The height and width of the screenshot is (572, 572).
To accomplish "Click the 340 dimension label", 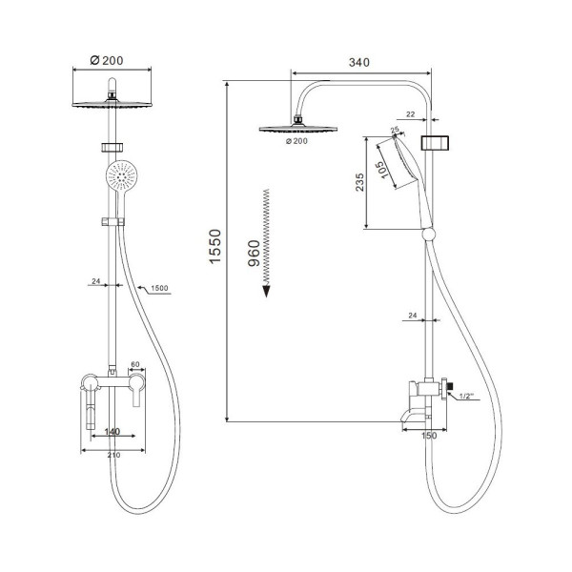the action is [359, 62].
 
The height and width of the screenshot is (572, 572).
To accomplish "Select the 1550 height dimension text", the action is [215, 246].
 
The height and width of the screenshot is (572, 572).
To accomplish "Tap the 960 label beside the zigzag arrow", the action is [254, 254].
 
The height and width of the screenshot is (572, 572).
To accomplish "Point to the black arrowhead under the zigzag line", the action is [266, 291].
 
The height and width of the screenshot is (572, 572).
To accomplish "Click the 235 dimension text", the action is [359, 182].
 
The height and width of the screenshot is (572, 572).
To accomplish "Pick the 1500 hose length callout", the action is [159, 288].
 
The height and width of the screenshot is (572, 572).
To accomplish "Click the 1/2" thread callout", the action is [466, 396].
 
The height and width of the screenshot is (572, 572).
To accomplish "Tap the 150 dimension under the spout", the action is [429, 436].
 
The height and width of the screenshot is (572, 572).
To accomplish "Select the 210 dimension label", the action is [113, 456].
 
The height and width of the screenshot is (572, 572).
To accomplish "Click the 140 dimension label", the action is [112, 432].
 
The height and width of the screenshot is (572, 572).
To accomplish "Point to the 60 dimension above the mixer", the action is [135, 364].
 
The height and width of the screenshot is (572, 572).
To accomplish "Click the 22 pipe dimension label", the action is [410, 114].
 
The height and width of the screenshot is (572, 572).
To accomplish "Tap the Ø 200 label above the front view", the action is [107, 61].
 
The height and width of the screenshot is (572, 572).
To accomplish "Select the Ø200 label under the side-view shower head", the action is [296, 141].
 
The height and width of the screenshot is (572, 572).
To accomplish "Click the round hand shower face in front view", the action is [121, 175].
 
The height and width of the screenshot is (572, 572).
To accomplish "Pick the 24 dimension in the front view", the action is [96, 281].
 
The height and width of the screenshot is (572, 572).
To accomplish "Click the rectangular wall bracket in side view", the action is [435, 143].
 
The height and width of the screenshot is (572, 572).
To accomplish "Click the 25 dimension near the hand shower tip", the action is [395, 130].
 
